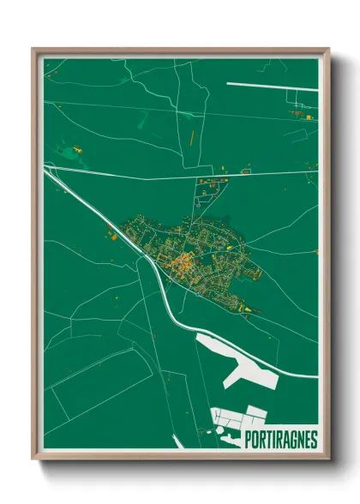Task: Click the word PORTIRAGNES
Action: (280, 440)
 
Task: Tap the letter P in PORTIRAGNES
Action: (249, 440)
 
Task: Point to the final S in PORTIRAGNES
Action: (313, 440)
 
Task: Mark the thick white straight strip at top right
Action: (269, 84)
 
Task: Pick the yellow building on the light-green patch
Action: (77, 150)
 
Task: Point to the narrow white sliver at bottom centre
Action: (178, 441)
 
